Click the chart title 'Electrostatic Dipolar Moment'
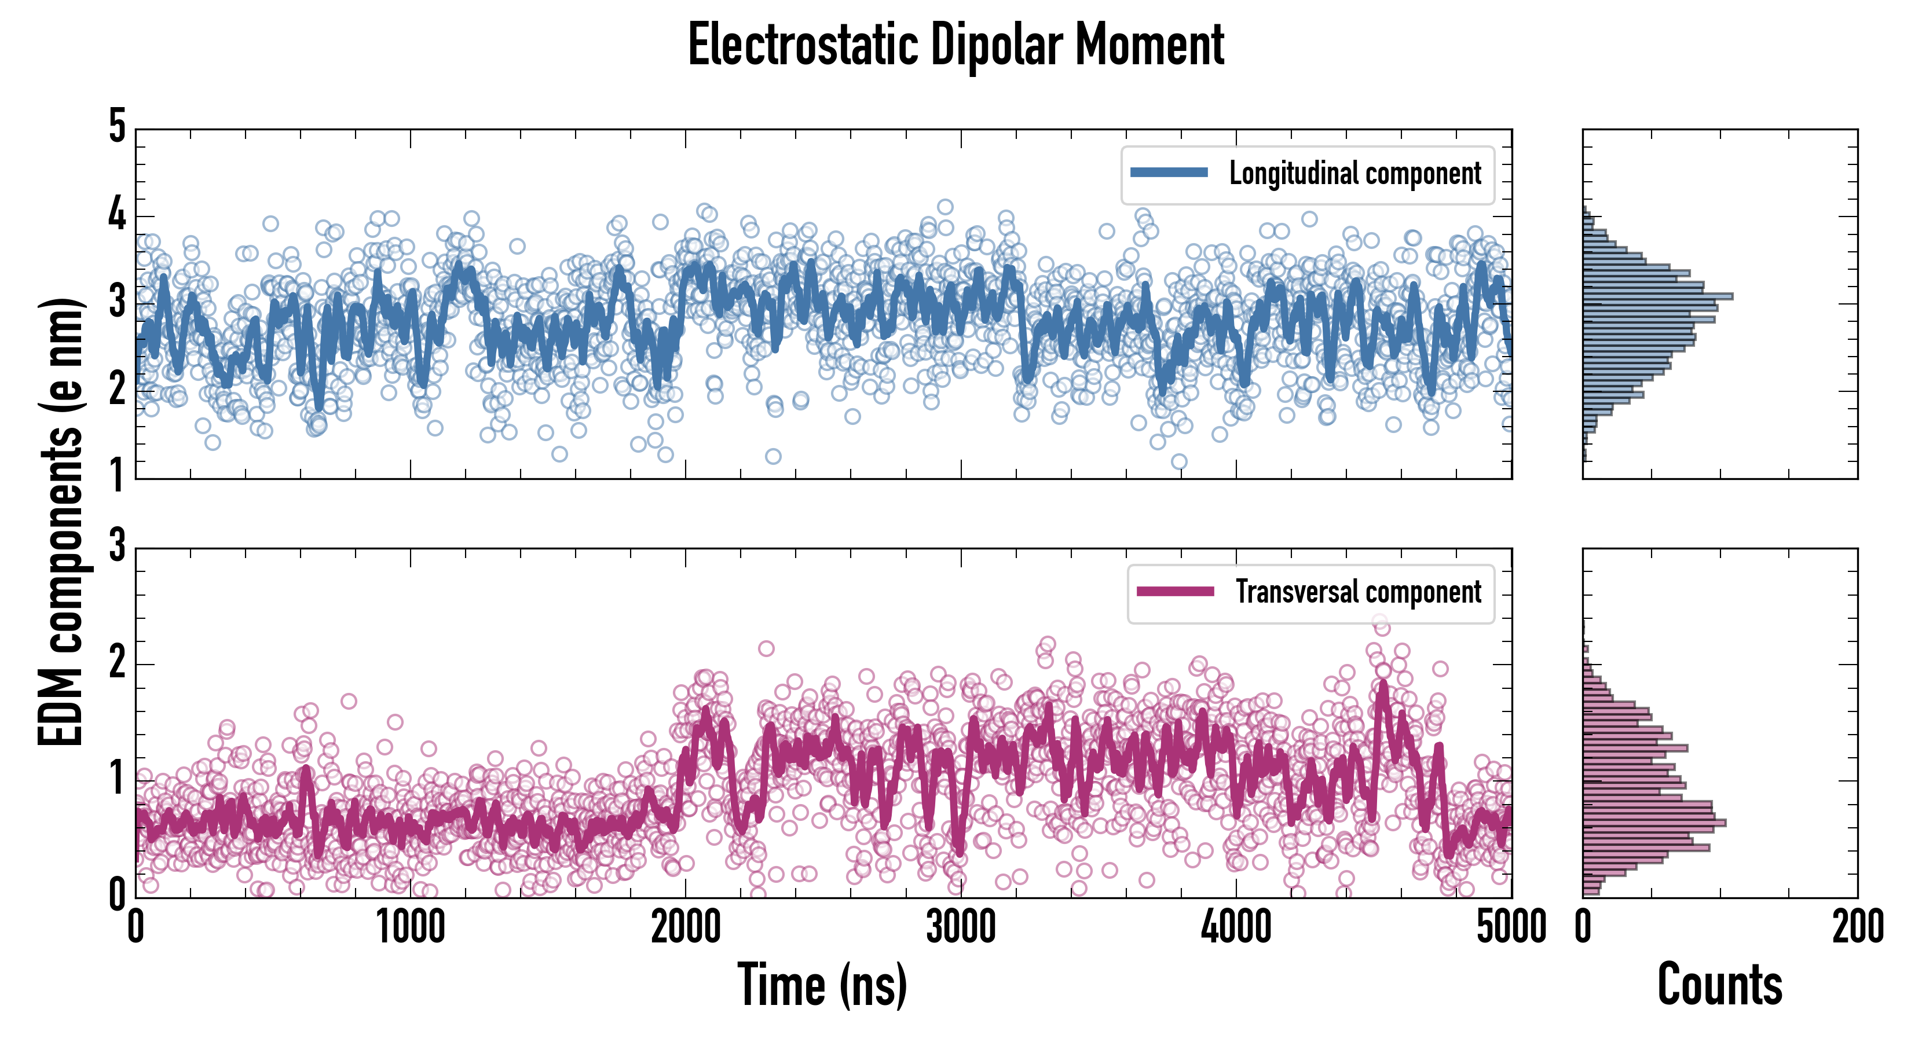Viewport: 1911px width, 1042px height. click(x=955, y=45)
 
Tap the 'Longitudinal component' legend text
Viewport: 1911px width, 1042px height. click(x=1354, y=174)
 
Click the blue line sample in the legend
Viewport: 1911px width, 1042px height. click(x=1169, y=173)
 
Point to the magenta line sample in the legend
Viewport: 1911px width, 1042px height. click(x=1175, y=592)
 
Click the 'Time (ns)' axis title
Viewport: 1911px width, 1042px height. click(x=822, y=984)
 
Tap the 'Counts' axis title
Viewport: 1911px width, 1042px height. click(x=1719, y=984)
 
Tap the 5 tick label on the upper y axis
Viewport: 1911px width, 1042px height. click(x=117, y=126)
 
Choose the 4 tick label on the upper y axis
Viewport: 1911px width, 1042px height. click(x=117, y=215)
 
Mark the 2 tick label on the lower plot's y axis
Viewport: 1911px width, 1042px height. click(x=117, y=662)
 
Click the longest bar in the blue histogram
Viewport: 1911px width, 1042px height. click(x=1657, y=296)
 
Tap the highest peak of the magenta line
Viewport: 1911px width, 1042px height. click(x=1382, y=684)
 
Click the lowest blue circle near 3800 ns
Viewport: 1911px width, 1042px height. click(x=1179, y=462)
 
